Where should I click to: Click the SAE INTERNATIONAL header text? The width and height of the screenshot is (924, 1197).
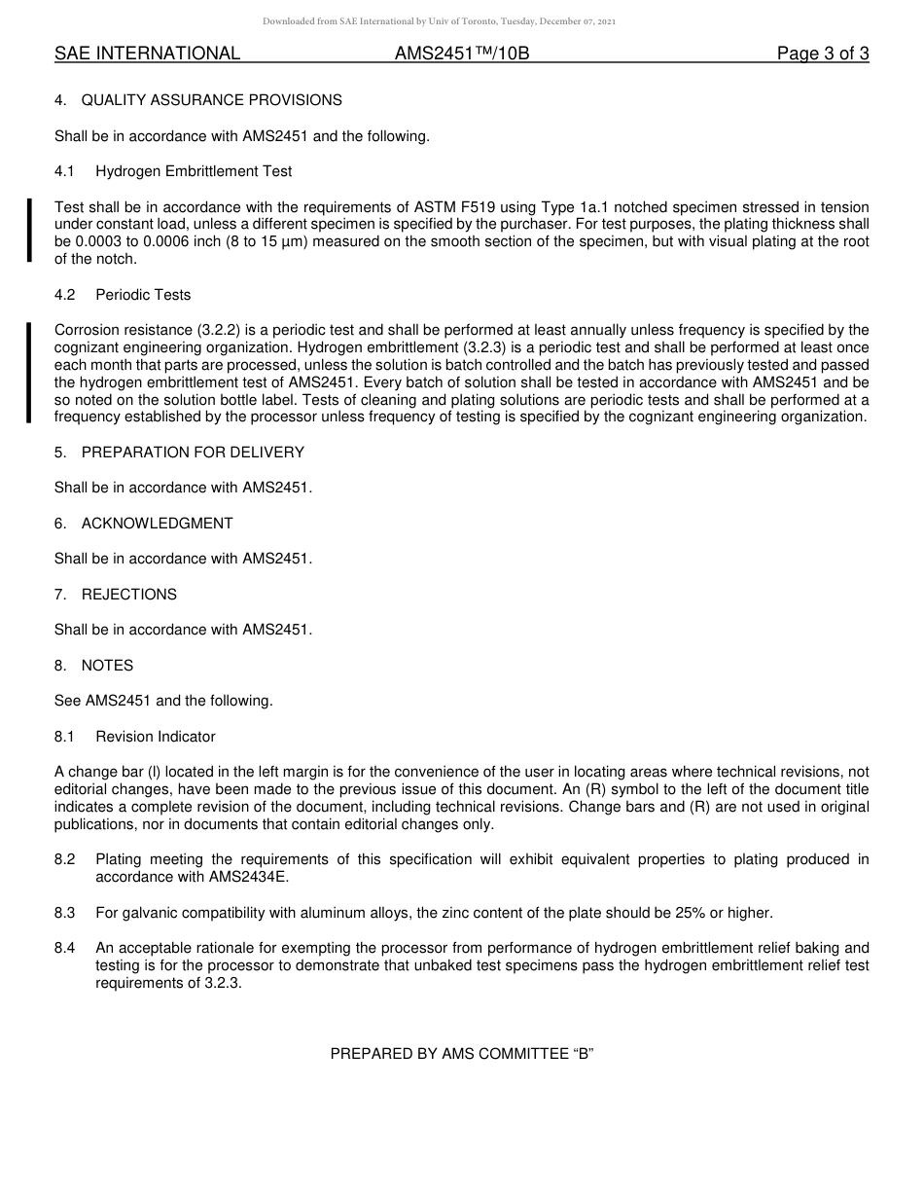pyautogui.click(x=147, y=54)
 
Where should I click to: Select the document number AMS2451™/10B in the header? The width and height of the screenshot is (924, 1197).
pyautogui.click(x=462, y=54)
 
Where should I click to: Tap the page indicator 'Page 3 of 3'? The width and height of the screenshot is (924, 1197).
pyautogui.click(x=822, y=54)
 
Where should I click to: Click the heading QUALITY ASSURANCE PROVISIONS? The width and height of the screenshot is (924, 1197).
pyautogui.click(x=211, y=100)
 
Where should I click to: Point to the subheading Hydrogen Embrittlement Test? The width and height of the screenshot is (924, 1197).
pyautogui.click(x=194, y=171)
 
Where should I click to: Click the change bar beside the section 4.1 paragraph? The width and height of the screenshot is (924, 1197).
pyautogui.click(x=29, y=231)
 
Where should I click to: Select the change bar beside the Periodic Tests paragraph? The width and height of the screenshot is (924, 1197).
pyautogui.click(x=29, y=372)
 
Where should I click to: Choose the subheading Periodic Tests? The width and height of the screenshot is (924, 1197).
pyautogui.click(x=143, y=295)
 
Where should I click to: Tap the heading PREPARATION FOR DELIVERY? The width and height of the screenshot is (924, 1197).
pyautogui.click(x=193, y=453)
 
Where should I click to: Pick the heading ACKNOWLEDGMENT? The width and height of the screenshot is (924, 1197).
pyautogui.click(x=157, y=524)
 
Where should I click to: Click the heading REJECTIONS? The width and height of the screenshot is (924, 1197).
pyautogui.click(x=128, y=595)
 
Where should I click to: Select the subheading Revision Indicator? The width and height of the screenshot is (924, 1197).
pyautogui.click(x=156, y=737)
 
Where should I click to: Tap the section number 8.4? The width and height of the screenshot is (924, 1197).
pyautogui.click(x=65, y=948)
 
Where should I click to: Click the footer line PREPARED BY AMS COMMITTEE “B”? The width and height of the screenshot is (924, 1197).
pyautogui.click(x=462, y=1054)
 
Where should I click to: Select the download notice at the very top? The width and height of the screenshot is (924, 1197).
pyautogui.click(x=439, y=21)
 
